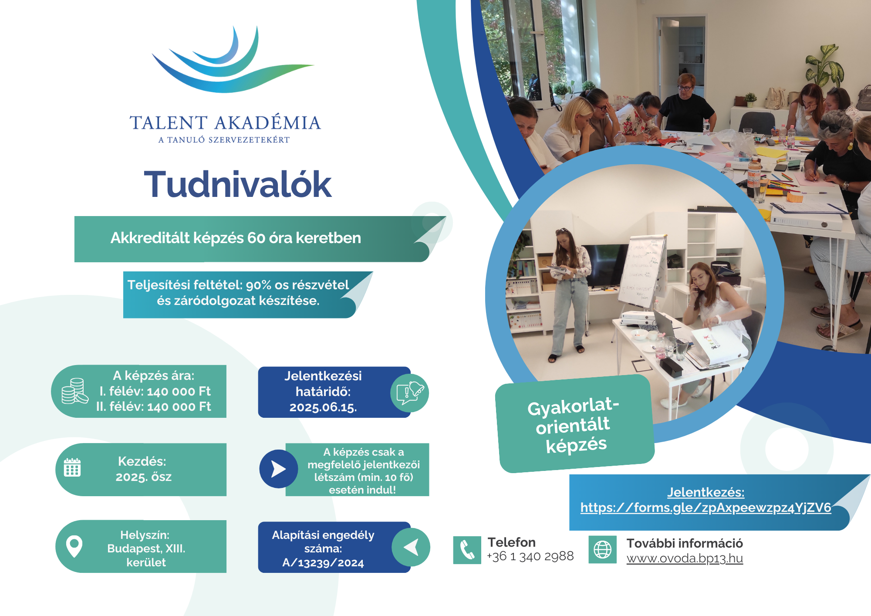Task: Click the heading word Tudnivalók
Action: point(238,184)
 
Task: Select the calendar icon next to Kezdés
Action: point(72,467)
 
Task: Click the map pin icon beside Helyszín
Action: point(74,546)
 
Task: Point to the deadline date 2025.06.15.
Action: point(323,407)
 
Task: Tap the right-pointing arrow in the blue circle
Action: point(279,469)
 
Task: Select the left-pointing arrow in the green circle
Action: point(411,547)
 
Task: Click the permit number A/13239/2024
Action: point(323,563)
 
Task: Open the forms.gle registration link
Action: point(706,508)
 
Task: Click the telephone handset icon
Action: point(467,550)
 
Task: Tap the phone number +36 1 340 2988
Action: point(530,556)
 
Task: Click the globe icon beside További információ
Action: point(603,550)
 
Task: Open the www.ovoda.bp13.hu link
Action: point(685,558)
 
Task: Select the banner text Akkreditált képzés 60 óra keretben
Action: point(236,238)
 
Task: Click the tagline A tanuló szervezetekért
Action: point(224,140)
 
